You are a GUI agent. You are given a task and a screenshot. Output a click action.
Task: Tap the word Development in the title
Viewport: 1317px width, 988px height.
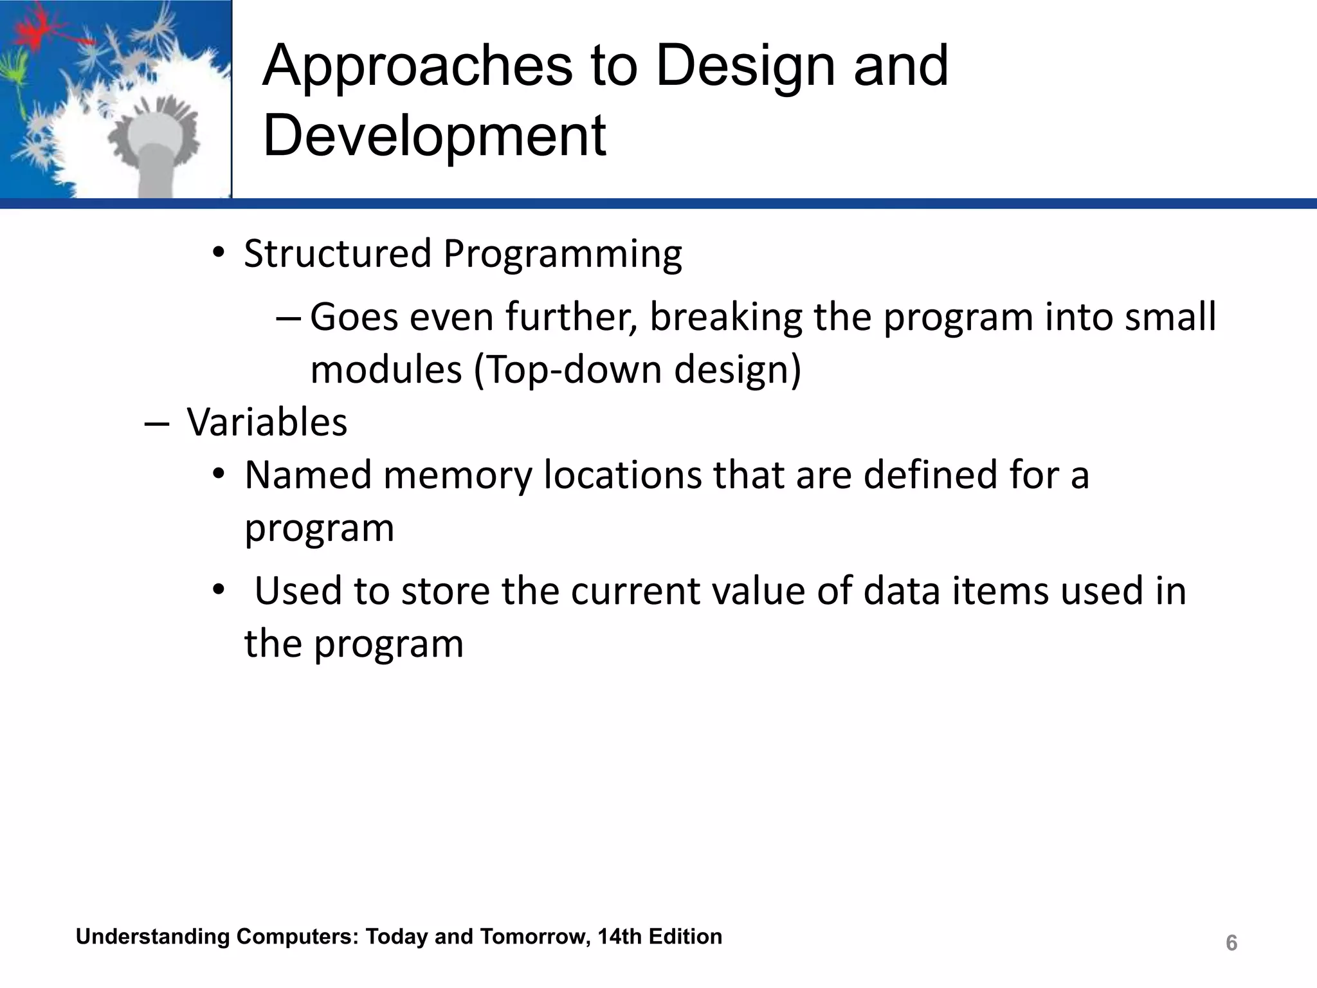click(435, 136)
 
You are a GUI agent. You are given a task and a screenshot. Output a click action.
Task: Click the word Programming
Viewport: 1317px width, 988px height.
click(562, 255)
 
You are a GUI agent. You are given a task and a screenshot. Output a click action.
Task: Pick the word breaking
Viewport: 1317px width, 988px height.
click(726, 317)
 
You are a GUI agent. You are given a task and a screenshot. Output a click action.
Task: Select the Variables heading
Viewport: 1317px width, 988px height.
click(267, 423)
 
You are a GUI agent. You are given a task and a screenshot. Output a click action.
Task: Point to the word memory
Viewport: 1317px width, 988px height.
click(458, 477)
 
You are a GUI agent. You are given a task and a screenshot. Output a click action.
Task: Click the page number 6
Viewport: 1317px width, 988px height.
click(1231, 943)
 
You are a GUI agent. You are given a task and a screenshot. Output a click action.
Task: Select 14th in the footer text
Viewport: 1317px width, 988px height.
click(619, 937)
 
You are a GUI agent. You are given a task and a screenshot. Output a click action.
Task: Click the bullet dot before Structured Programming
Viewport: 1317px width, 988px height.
click(219, 253)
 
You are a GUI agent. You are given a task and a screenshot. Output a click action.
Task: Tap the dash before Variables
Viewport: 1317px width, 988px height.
click(157, 424)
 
